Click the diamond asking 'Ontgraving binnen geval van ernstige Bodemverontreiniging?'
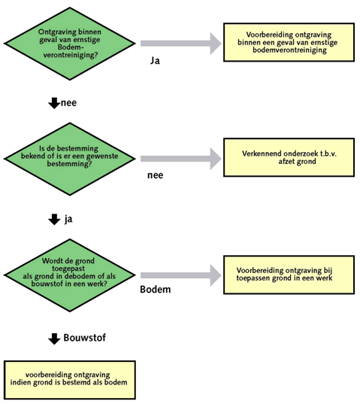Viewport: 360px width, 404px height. pos(70,44)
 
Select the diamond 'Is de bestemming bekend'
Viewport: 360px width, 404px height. pos(70,159)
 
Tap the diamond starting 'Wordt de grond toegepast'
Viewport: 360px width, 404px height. pos(70,275)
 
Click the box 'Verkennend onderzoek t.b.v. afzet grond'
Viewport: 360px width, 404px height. pos(289,157)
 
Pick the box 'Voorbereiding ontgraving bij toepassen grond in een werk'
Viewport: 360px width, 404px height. pos(289,275)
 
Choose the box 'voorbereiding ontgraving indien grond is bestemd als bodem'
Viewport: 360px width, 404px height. pos(70,380)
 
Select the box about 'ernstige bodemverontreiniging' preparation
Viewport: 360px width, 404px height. pos(289,42)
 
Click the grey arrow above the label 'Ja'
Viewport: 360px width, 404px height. pos(181,44)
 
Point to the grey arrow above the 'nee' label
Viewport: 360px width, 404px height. pos(181,159)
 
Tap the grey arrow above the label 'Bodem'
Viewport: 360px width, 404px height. pos(181,275)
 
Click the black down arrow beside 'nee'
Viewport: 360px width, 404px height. pos(54,103)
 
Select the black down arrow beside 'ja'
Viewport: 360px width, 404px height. pos(54,219)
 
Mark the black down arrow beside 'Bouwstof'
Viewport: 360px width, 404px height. pos(54,339)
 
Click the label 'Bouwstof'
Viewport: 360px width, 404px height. pos(85,338)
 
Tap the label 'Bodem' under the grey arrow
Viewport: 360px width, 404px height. pos(156,290)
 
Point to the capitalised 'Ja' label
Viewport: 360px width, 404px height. pos(155,60)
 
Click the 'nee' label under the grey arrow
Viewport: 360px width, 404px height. pos(155,175)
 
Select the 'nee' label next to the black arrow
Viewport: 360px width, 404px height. pos(68,103)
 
